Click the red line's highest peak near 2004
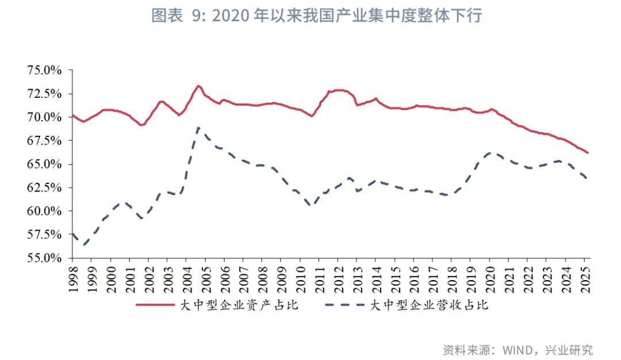[198, 86]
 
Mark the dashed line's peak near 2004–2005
[198, 128]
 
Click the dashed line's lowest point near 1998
[84, 245]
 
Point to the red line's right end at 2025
[588, 153]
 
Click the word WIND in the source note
[519, 349]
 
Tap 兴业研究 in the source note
[572, 349]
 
